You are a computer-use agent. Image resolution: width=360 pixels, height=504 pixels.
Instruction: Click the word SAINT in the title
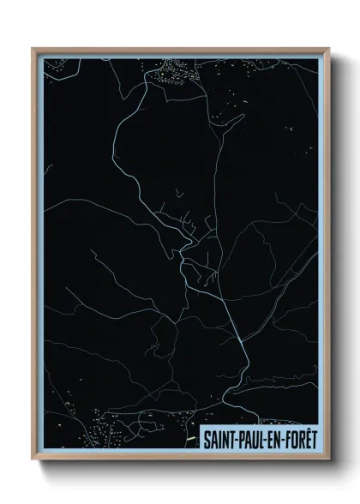219,438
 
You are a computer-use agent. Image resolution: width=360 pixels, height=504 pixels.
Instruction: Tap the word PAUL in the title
253,438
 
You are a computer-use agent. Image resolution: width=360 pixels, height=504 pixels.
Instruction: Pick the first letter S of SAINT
207,438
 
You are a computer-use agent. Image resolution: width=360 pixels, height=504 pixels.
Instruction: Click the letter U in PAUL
257,438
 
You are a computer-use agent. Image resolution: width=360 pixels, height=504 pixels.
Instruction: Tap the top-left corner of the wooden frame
32,48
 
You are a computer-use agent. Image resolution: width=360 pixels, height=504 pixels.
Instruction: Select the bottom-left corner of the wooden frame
32,457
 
